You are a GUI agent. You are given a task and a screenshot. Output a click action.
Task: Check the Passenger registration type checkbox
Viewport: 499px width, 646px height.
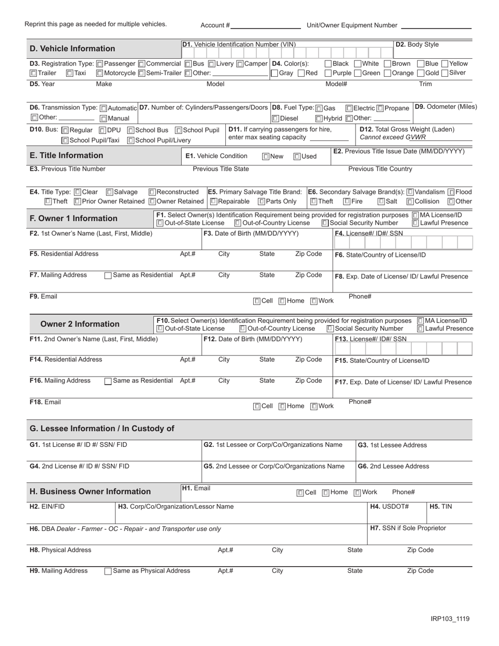coord(100,64)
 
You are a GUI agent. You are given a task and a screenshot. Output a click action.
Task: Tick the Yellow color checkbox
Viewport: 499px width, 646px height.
coord(445,64)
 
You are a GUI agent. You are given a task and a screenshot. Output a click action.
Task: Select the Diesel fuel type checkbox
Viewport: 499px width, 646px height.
coord(276,119)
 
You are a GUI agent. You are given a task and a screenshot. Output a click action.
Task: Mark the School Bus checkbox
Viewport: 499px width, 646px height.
coord(131,130)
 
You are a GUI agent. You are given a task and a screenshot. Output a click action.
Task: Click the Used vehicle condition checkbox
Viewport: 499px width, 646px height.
coord(297,157)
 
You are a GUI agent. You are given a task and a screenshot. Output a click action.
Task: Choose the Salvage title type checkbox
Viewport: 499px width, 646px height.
coord(110,192)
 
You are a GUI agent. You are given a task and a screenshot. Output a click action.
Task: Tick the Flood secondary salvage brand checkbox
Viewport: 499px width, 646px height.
coord(451,192)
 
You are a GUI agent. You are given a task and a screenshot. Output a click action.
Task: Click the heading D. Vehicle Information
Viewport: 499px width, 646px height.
coord(72,49)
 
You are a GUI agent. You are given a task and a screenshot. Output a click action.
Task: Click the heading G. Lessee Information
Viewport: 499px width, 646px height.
coord(102,429)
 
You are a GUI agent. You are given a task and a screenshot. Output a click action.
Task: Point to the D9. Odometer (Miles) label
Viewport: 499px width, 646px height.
coord(445,107)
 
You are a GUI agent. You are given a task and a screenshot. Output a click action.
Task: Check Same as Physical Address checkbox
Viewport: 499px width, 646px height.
coord(108,571)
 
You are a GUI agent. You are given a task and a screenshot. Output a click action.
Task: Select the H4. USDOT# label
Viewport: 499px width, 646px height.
coord(390,507)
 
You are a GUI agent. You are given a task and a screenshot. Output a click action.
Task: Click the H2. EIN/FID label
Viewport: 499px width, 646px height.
coord(48,507)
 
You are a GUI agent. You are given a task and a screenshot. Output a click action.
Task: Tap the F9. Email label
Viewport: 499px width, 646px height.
coord(44,297)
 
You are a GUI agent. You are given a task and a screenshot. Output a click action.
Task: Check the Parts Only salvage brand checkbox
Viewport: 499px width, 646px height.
coord(261,202)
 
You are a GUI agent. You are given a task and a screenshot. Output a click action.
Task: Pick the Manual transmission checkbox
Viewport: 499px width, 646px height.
coord(103,119)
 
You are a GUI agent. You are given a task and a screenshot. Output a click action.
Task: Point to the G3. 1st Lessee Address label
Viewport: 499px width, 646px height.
coord(392,445)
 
